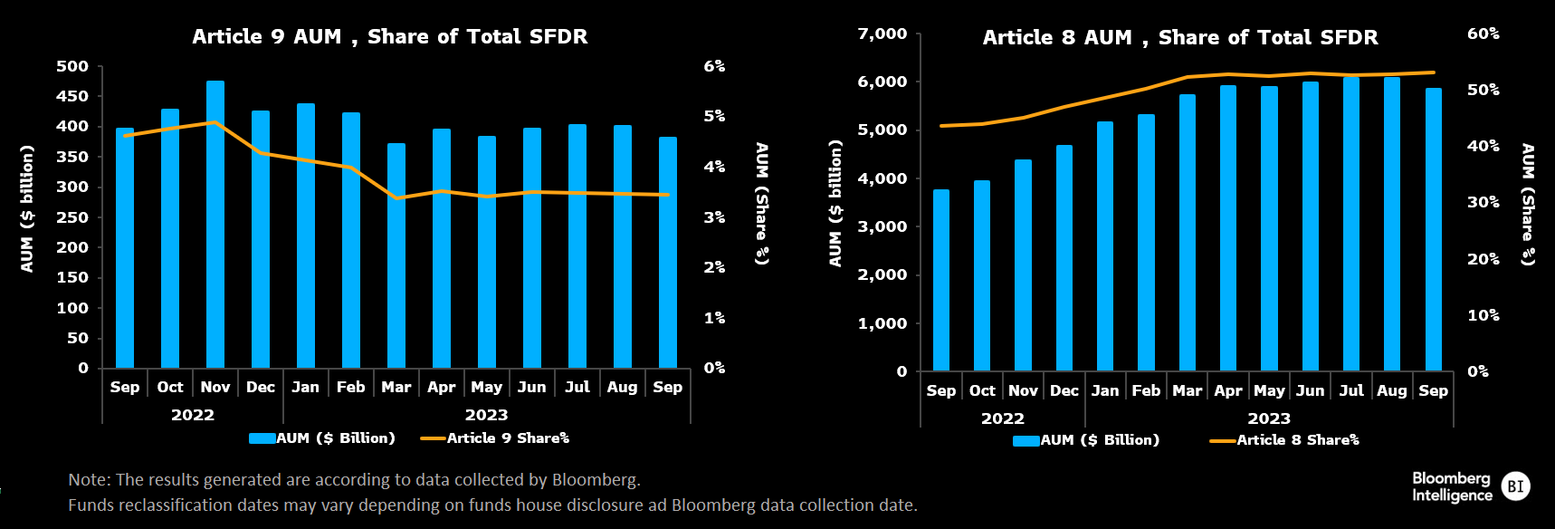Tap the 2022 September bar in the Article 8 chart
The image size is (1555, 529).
coord(941,281)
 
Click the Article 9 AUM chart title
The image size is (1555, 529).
coord(389,37)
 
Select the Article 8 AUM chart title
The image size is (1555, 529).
coord(1180,38)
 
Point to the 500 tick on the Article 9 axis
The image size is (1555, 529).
coord(72,66)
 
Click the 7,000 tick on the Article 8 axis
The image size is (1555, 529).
coord(882,34)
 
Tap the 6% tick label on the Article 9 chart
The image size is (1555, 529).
coord(714,66)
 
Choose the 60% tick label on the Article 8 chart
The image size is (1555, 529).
coord(1483,34)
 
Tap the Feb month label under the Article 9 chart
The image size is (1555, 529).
coord(350,388)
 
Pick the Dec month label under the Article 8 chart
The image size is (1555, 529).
coord(1064,391)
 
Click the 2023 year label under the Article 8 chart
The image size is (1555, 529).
coord(1269,418)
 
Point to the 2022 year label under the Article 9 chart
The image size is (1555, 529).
coord(193,415)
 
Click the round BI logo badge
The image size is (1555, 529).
coord(1516,486)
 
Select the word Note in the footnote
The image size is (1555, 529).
coord(87,480)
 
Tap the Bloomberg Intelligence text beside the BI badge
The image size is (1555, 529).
coord(1452,486)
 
